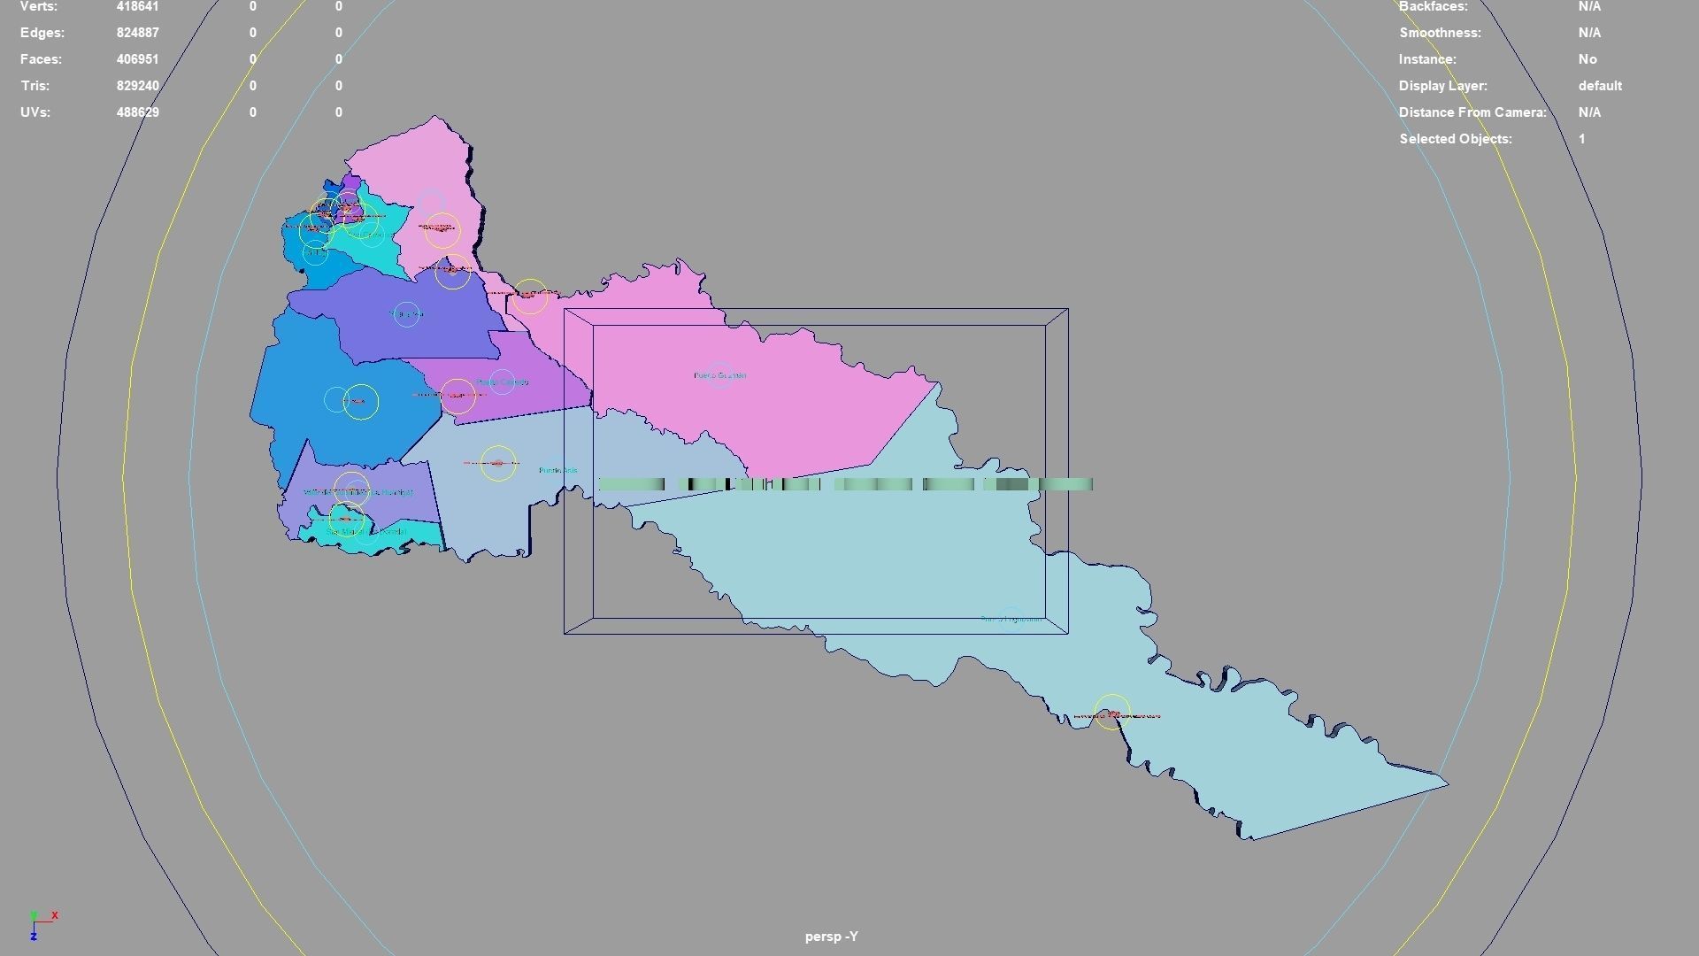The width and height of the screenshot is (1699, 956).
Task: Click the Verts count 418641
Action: (x=137, y=6)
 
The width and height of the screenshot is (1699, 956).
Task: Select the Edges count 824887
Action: (x=137, y=33)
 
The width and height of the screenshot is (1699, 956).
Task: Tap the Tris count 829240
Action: (x=137, y=86)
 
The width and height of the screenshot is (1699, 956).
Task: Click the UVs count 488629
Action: (x=137, y=112)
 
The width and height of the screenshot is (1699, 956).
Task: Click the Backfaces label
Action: (x=1433, y=6)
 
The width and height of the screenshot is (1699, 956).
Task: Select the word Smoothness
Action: (x=1440, y=33)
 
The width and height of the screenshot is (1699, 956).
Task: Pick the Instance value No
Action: (x=1588, y=59)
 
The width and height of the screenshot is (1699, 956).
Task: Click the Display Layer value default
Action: (x=1600, y=86)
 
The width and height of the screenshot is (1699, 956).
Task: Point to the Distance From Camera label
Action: (x=1472, y=112)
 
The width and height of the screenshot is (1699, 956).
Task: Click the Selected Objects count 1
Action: (x=1581, y=139)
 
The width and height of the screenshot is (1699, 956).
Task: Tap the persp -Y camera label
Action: (x=831, y=937)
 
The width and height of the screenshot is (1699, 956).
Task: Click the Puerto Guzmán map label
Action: (x=719, y=375)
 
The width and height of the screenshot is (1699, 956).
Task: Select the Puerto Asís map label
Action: (x=557, y=470)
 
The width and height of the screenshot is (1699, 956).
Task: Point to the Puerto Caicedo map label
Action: (x=502, y=382)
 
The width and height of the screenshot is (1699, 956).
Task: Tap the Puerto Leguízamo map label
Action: (x=1011, y=619)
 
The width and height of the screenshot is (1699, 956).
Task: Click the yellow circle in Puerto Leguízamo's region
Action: (x=1112, y=713)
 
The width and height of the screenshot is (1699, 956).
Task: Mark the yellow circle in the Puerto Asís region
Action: (x=498, y=463)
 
